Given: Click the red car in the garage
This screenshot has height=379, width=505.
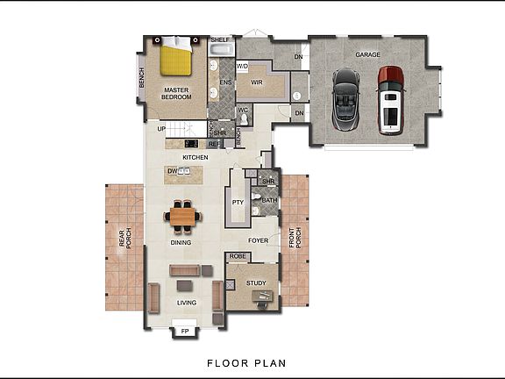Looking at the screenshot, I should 389,100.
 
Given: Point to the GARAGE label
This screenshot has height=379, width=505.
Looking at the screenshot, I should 367,54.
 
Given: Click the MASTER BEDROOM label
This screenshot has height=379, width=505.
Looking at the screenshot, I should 177,93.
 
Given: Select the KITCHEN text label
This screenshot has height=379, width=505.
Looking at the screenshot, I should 195,158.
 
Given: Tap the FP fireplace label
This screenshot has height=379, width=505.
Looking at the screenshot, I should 184,332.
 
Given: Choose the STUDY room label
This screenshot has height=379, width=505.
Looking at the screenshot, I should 256,282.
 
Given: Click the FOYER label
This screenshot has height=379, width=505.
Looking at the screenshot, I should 258,240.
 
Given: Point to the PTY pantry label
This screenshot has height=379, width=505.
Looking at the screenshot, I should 237,202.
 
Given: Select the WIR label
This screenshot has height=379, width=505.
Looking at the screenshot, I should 257,82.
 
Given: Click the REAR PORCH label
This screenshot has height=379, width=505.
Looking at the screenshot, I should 127,238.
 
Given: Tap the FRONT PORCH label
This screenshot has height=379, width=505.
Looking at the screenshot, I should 298,240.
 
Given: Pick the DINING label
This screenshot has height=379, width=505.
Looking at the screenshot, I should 181,243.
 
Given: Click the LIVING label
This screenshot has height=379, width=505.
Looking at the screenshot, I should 187,303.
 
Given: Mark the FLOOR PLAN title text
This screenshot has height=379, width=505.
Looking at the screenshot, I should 245,362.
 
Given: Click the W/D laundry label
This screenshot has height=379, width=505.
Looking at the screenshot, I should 242,66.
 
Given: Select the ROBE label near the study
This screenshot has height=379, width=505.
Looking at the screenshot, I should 237,258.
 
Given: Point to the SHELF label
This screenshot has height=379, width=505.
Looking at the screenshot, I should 220,39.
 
